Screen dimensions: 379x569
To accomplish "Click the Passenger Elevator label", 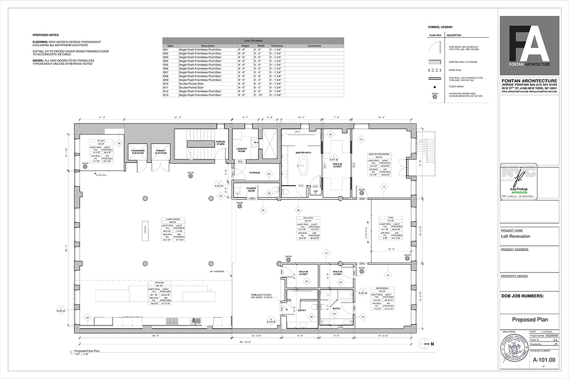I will [x=138, y=151].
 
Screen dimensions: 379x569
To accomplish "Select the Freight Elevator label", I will [x=160, y=151].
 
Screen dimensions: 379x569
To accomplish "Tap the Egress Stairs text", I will [x=220, y=143].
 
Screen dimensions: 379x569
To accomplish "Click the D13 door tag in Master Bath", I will [x=301, y=186].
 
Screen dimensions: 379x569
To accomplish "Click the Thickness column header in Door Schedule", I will [x=276, y=46].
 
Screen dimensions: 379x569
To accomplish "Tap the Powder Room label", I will [x=251, y=189].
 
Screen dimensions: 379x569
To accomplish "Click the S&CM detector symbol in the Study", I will [x=85, y=166].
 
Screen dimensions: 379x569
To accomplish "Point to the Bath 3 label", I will [x=301, y=310].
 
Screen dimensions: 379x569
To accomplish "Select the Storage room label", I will [x=255, y=172].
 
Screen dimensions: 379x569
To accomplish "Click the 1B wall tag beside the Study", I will [x=119, y=143].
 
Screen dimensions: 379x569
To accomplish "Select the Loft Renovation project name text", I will [x=516, y=236].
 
